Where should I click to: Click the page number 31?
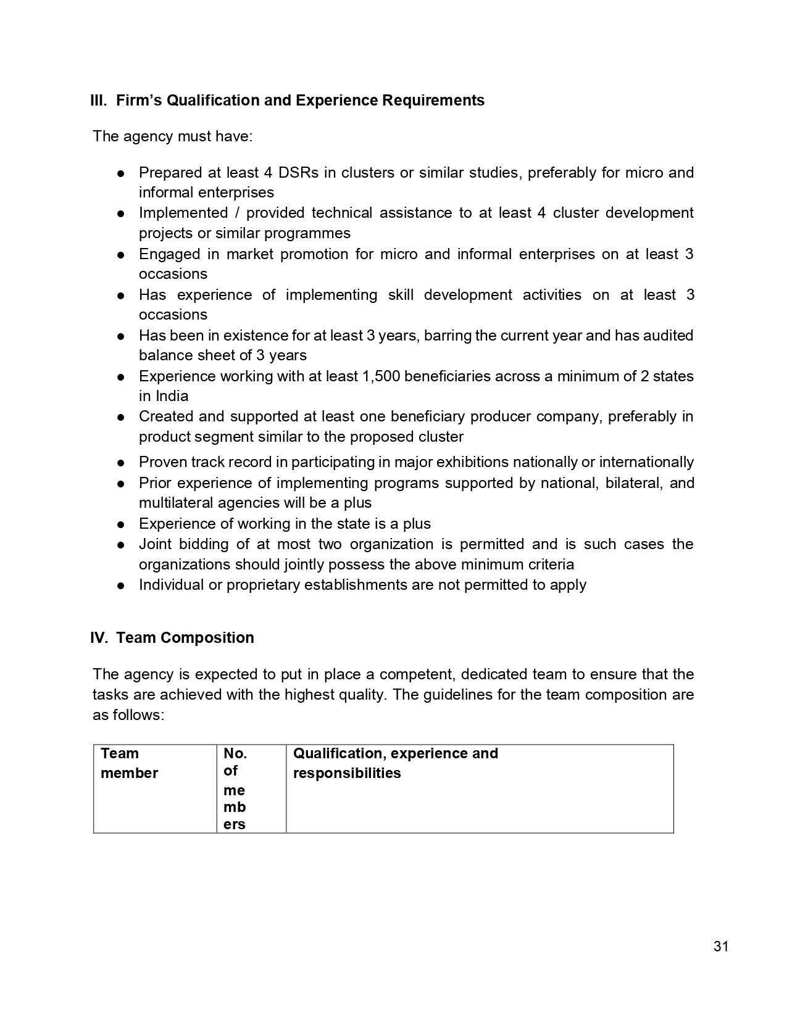(x=721, y=946)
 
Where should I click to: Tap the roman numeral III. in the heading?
(x=99, y=101)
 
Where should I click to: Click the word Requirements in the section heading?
(x=433, y=101)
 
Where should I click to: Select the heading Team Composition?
(x=185, y=638)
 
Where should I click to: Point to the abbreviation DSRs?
(x=299, y=172)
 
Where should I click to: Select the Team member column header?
(x=129, y=763)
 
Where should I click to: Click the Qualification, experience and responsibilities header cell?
(x=395, y=763)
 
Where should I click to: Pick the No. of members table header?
(x=235, y=788)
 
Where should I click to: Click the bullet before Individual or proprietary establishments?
(x=122, y=586)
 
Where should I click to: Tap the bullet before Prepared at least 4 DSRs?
(x=122, y=173)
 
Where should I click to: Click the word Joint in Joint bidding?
(x=155, y=544)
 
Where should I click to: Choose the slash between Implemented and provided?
(x=237, y=213)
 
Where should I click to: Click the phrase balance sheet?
(x=188, y=355)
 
